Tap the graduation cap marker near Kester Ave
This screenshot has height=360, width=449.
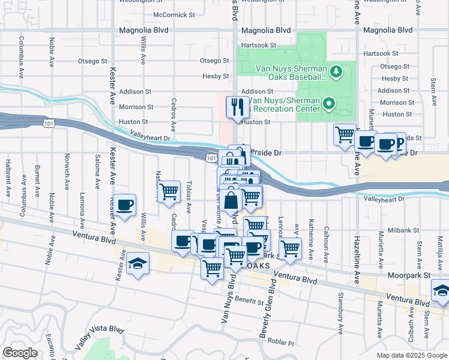(x=137, y=264)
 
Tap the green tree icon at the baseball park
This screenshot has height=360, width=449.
(x=336, y=72)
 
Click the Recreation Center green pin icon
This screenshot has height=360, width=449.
(x=328, y=104)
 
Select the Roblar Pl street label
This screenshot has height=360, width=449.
(x=282, y=343)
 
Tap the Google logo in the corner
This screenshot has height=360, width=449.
(x=20, y=353)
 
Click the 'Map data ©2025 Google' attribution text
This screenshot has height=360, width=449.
(x=411, y=355)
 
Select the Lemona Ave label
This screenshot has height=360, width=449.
(x=82, y=207)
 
